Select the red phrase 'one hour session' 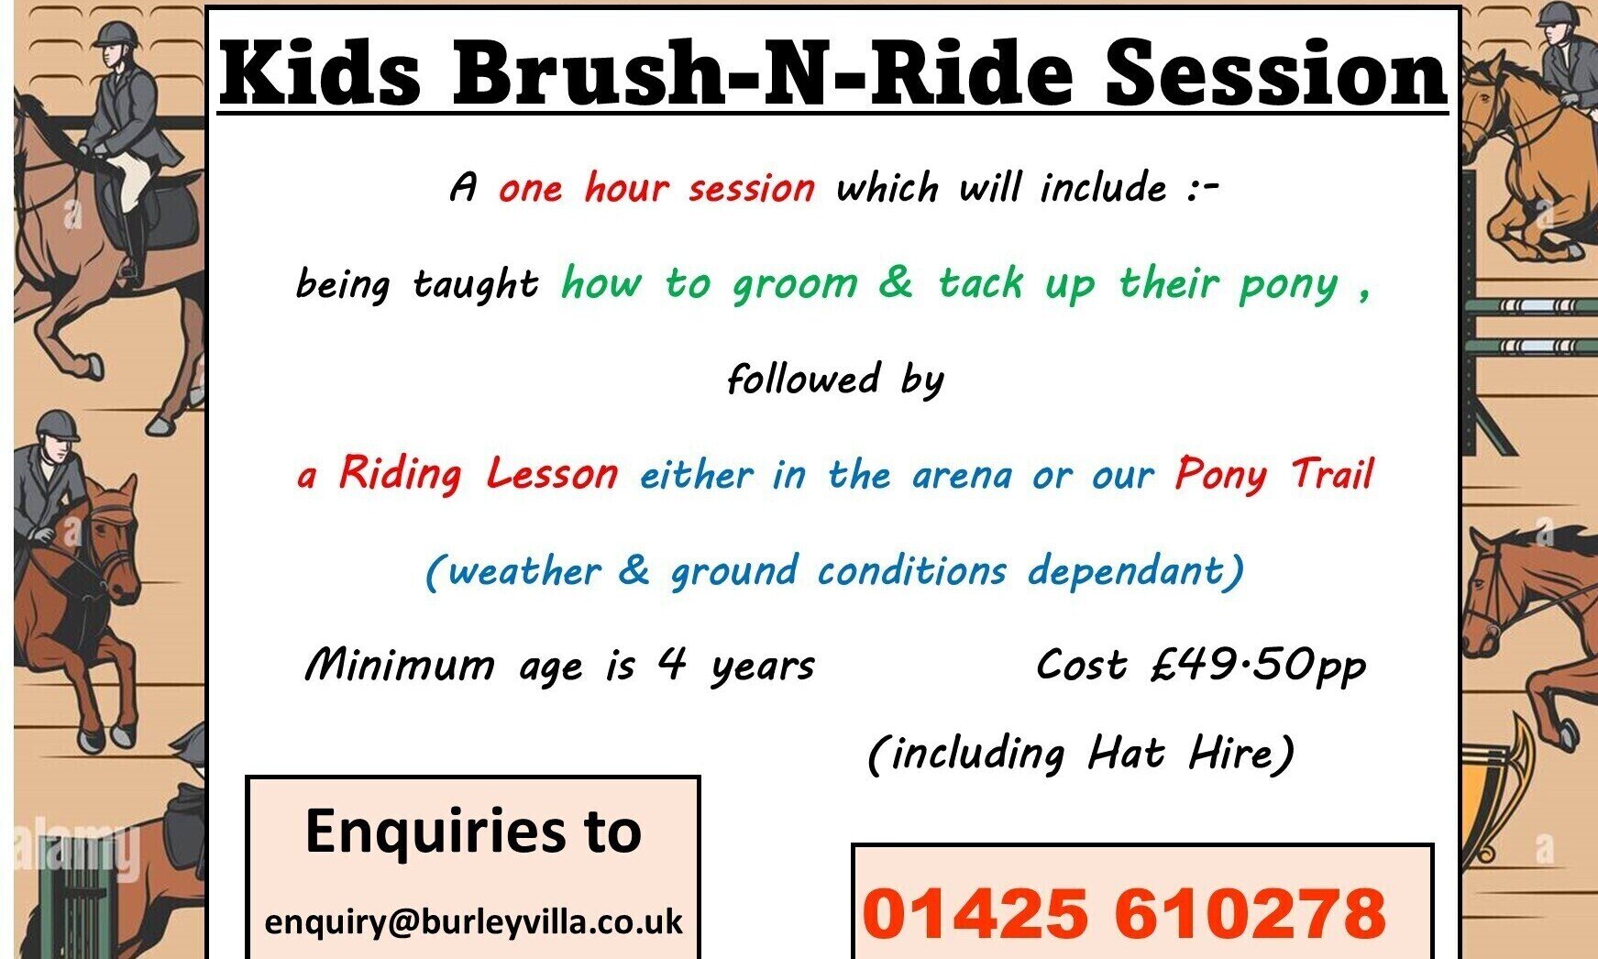point(656,188)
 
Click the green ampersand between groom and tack point(895,282)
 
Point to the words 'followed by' point(835,379)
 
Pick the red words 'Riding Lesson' point(479,474)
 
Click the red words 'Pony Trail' point(1274,474)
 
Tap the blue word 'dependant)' point(1136,570)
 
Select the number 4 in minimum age point(672,664)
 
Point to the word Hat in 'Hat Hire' point(1126,754)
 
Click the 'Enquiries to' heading point(473,830)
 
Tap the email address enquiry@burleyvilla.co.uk point(473,920)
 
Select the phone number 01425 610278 point(1124,913)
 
